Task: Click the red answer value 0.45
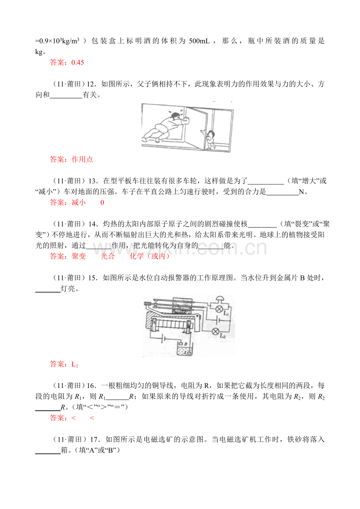[77, 63]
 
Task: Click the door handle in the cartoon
[202, 131]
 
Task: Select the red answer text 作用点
[82, 159]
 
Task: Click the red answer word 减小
[79, 202]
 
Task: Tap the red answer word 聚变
[79, 256]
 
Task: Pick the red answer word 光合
[108, 256]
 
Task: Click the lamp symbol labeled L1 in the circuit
[219, 309]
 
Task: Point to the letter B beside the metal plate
[185, 344]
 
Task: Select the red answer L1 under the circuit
[75, 365]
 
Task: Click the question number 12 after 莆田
[91, 84]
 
